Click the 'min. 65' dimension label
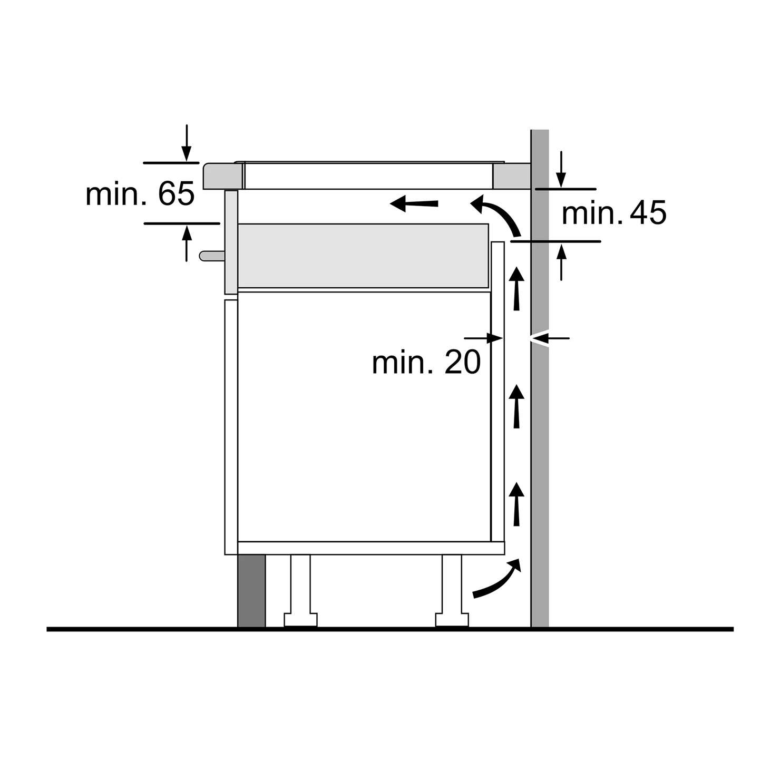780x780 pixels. [x=140, y=194]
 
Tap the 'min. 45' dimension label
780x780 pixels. [x=614, y=213]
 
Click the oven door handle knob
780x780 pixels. [x=212, y=256]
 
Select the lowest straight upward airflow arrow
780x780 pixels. [x=517, y=504]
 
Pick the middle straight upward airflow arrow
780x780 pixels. [x=517, y=406]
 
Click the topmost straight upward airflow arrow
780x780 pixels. [x=517, y=289]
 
